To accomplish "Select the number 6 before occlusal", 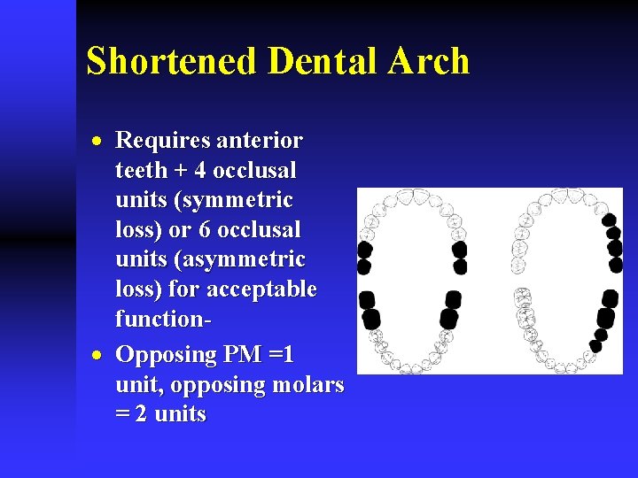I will click(204, 229).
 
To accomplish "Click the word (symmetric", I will click(235, 200).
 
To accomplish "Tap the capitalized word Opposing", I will click(166, 356).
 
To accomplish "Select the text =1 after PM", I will click(282, 355).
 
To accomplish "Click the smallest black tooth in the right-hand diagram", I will click(595, 346).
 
